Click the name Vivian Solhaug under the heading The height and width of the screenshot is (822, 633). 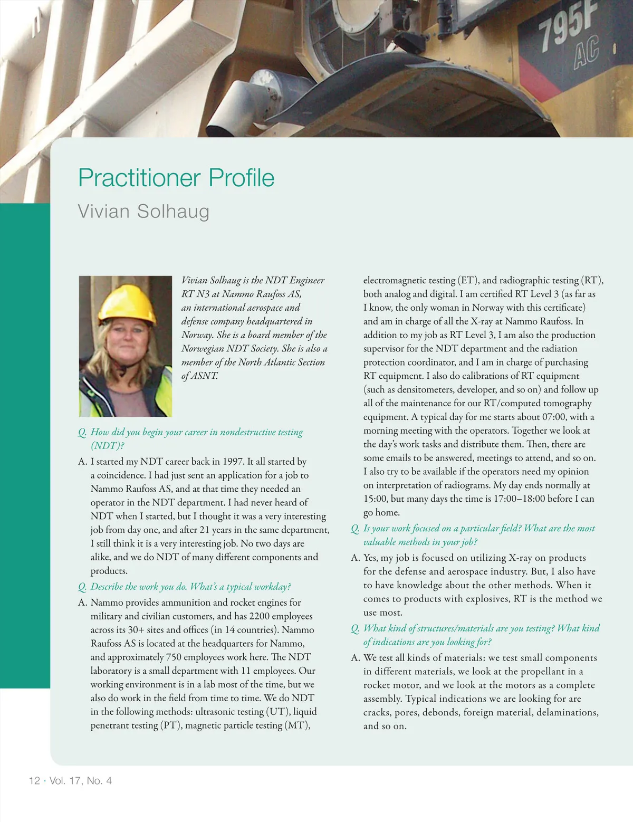pyautogui.click(x=143, y=211)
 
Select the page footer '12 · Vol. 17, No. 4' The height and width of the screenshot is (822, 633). pyautogui.click(x=70, y=781)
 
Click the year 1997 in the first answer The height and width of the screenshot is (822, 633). pyautogui.click(x=233, y=462)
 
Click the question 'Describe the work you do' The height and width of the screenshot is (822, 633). pyautogui.click(x=190, y=587)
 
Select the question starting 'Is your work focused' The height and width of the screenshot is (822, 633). pyautogui.click(x=478, y=528)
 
